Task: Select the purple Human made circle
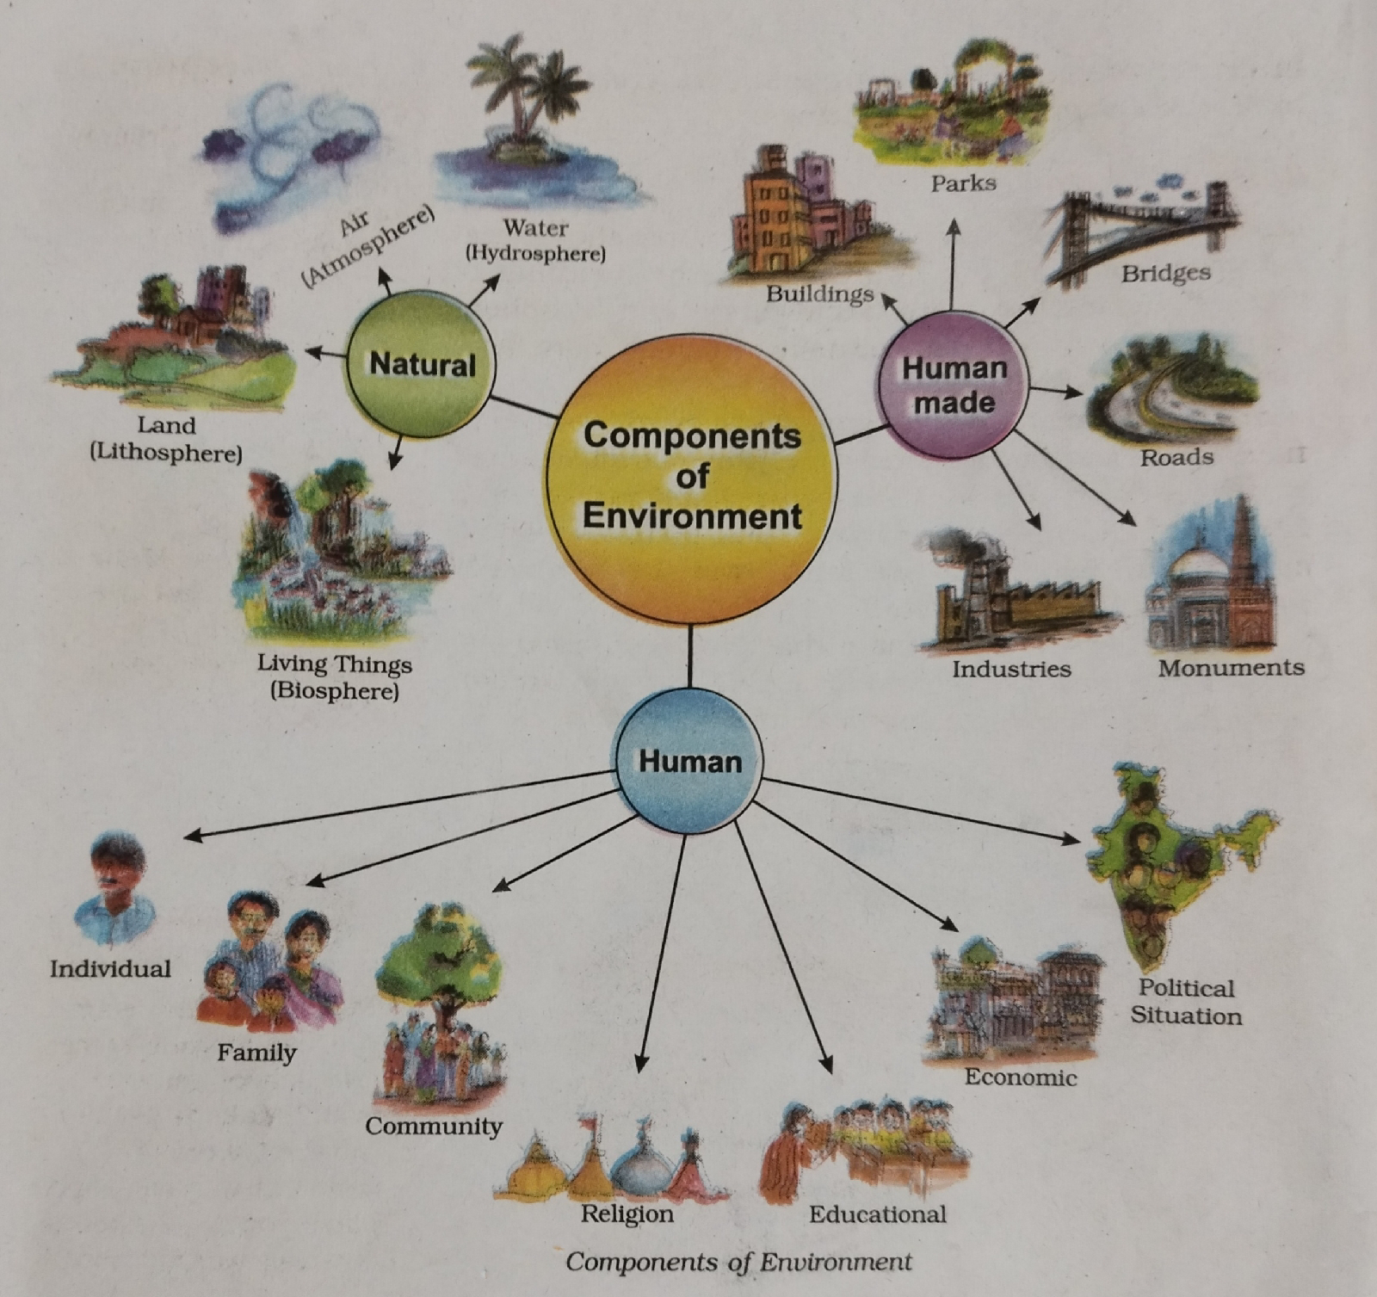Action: coord(953,385)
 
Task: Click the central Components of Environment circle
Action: coord(692,476)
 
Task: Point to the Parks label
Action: coord(963,182)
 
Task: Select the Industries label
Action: coord(1011,669)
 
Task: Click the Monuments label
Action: coord(1231,668)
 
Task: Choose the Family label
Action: coord(256,1052)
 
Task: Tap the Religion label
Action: coord(627,1214)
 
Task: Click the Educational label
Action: coord(877,1214)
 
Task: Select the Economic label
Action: coord(1021,1077)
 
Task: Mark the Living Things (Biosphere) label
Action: coord(335,677)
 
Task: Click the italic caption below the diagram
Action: coord(738,1262)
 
